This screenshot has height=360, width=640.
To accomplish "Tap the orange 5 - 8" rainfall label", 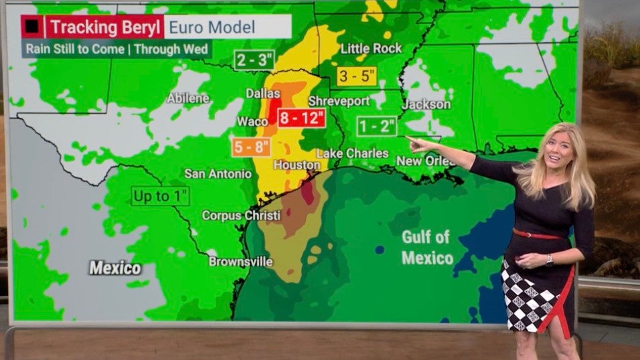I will tap(251, 147).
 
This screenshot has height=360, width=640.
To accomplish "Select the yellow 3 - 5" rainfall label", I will tap(356, 76).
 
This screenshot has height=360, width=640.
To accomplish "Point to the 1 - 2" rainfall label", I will tap(377, 126).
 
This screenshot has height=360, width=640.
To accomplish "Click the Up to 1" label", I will tap(161, 196).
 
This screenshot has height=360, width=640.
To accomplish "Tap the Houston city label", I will tap(297, 165).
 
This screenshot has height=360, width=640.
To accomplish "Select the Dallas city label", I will tap(262, 94).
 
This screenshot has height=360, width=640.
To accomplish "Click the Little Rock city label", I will tap(372, 48).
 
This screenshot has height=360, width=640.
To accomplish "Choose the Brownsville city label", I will tap(240, 261).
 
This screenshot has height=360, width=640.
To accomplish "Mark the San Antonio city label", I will tap(218, 174).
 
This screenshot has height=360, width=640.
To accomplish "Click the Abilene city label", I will tap(187, 98).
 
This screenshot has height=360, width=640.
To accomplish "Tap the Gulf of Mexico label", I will tap(426, 247).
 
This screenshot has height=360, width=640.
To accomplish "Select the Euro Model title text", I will tap(212, 27).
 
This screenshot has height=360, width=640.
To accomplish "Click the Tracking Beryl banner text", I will tap(104, 27).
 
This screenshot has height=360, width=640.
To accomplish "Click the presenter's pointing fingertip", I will tap(409, 141).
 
